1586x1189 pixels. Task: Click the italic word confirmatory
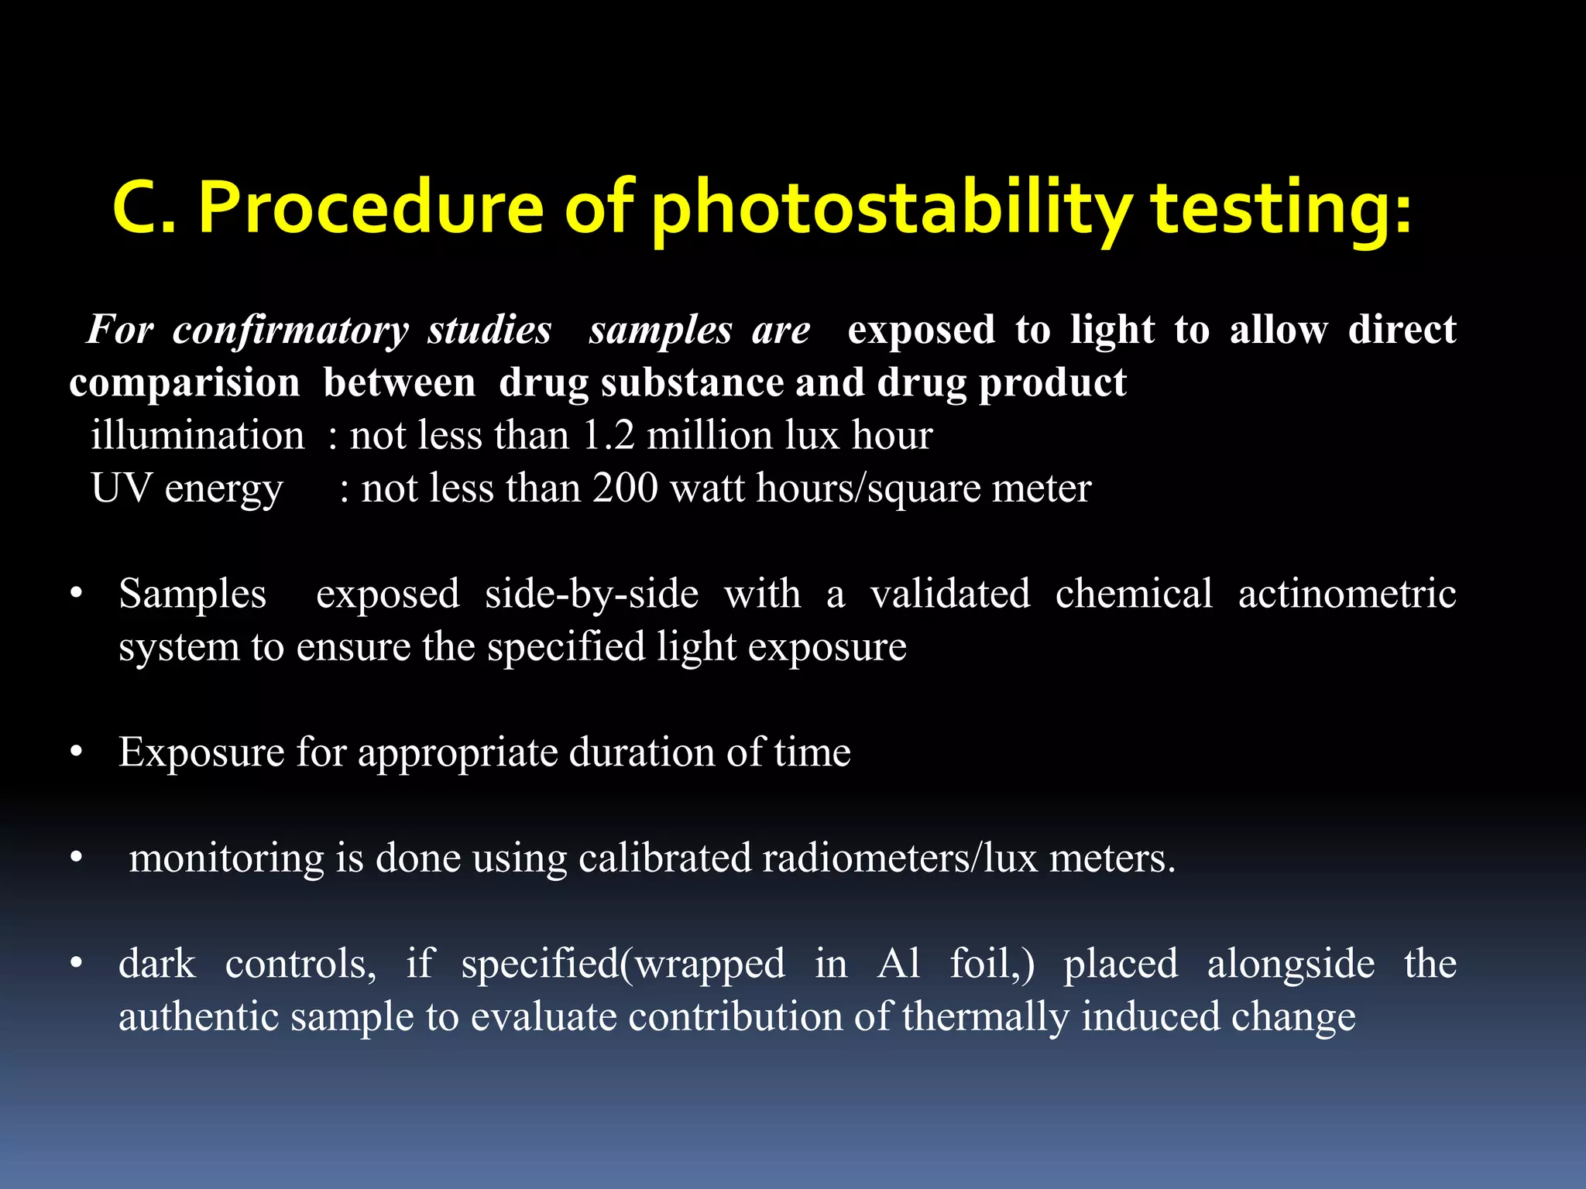(x=290, y=331)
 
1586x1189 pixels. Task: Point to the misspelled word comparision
(x=184, y=383)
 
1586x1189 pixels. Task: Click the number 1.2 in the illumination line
(x=608, y=435)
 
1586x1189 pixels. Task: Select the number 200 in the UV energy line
(x=626, y=488)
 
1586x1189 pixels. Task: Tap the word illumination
(x=197, y=435)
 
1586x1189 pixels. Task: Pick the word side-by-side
(x=592, y=594)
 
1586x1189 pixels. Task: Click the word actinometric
(x=1347, y=594)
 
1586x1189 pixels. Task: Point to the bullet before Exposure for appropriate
(x=76, y=752)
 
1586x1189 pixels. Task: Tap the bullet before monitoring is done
(x=76, y=858)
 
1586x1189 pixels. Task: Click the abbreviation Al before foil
(x=898, y=964)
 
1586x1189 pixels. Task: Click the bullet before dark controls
(x=76, y=964)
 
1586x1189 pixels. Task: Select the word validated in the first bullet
(x=949, y=594)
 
